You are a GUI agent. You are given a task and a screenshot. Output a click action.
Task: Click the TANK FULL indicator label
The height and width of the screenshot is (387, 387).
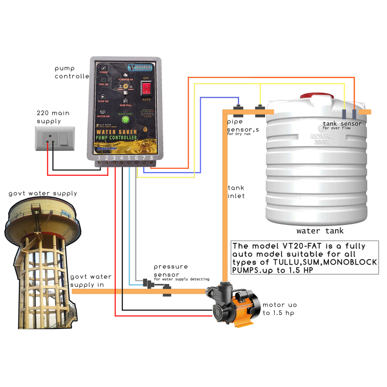pos(125,105)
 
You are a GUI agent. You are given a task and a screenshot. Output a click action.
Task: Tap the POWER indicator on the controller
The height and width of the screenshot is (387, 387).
pos(103,71)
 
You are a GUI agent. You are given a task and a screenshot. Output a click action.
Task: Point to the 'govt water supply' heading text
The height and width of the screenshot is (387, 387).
pos(43,193)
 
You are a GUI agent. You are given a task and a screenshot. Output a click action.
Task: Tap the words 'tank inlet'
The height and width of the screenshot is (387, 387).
pos(236,191)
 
